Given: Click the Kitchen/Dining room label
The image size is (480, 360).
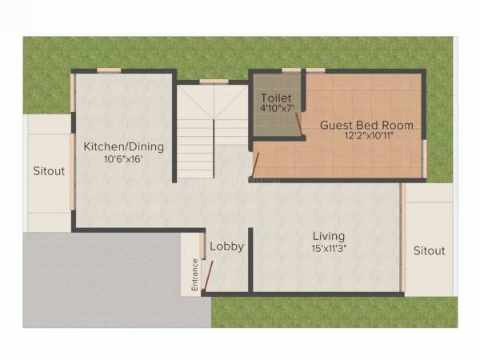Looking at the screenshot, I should pos(124,146).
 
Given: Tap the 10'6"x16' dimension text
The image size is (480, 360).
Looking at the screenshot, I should pos(124,158).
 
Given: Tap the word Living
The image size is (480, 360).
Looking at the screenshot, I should pos(329,236).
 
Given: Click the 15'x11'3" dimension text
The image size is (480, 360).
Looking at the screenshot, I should pos(329,248).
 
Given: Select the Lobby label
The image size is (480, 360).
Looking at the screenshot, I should pos(226,246).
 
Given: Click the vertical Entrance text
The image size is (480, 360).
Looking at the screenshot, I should pos(194,273).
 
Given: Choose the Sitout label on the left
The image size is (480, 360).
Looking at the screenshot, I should pos(49,170).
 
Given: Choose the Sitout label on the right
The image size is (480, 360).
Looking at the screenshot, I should pos(429,250).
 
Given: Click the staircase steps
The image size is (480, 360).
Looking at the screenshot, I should pos(195,136).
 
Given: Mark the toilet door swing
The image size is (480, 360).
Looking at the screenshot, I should pos(298,125).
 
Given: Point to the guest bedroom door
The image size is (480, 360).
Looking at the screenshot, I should pos(255,164).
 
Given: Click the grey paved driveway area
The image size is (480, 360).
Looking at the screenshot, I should pos(104,280).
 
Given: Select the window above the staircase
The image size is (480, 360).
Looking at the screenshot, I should pos(212,81).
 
